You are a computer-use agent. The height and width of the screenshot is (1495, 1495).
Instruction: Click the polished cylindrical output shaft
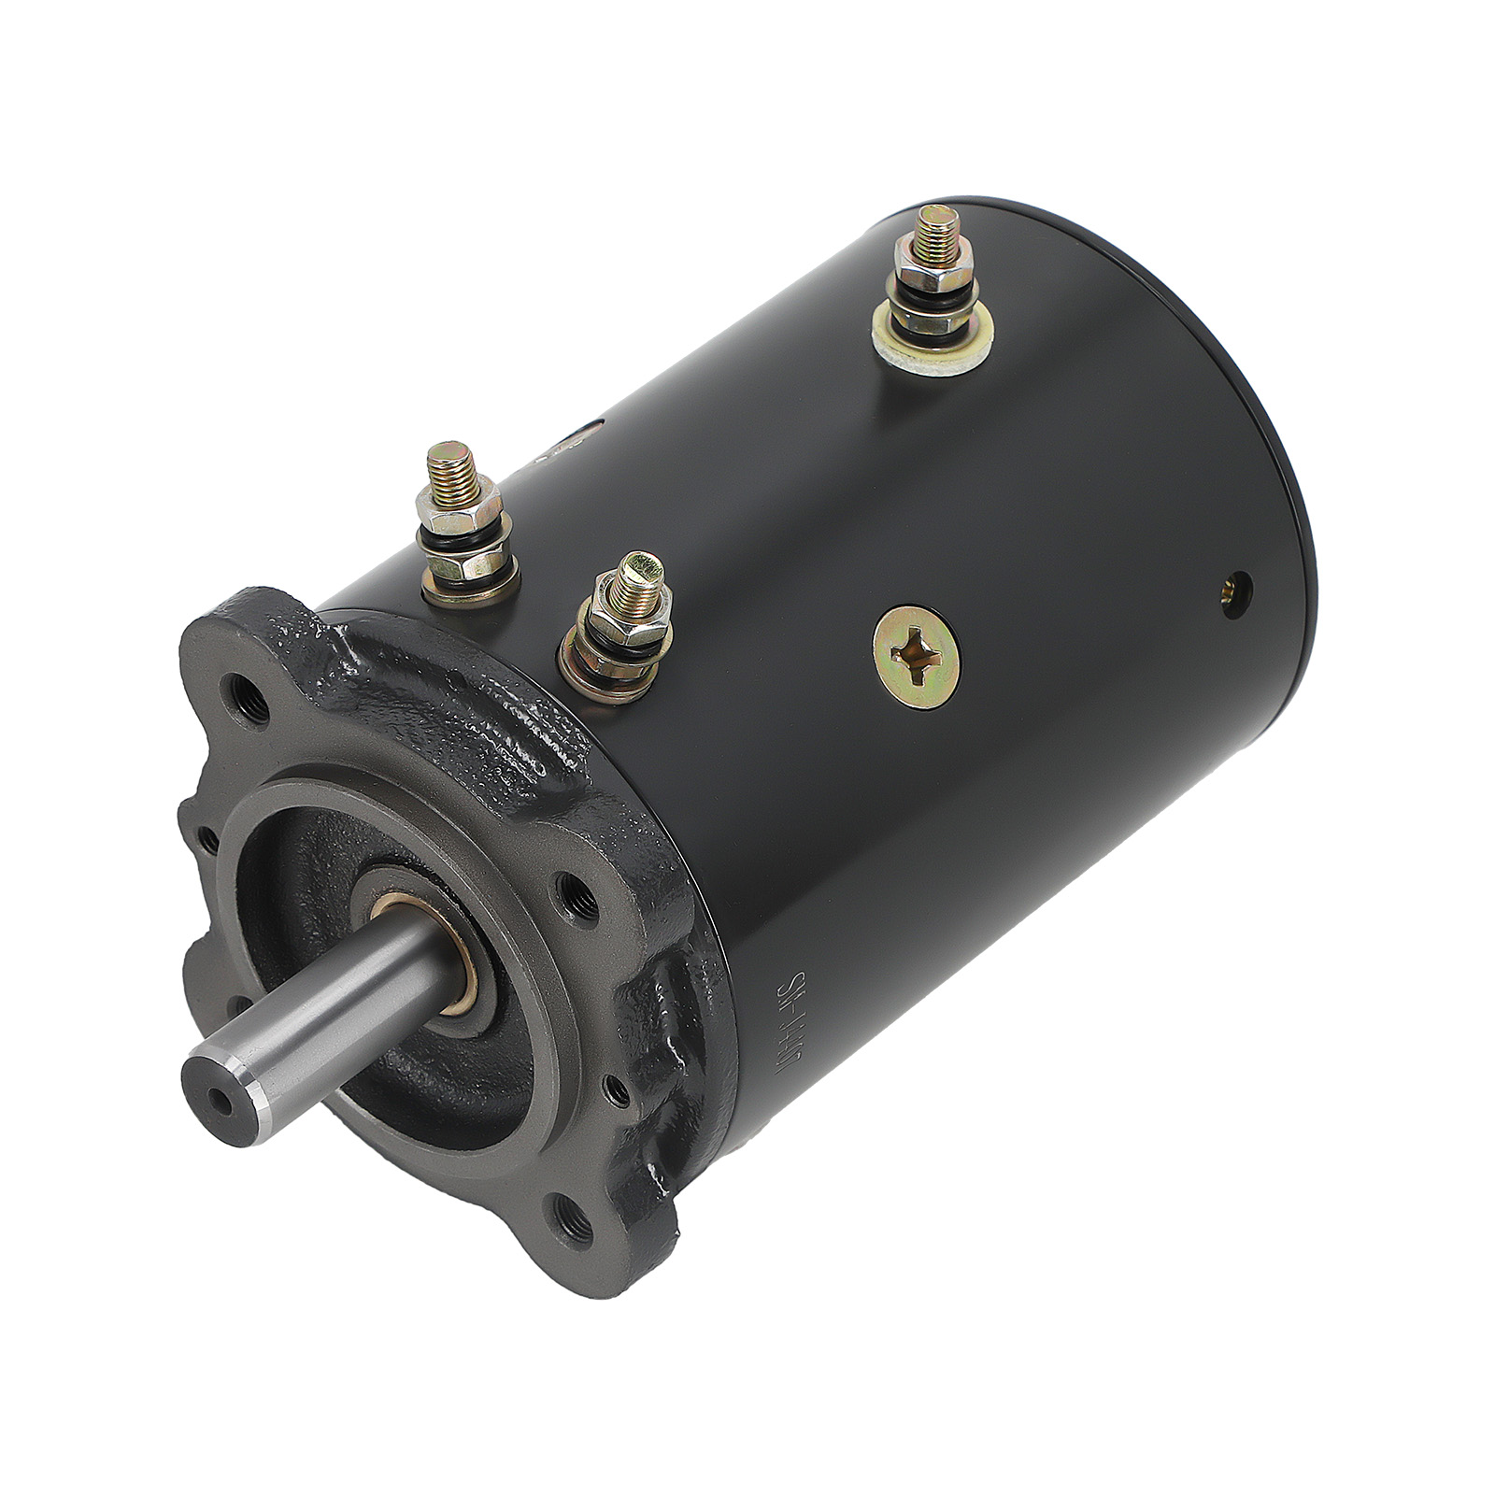coord(308,1028)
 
